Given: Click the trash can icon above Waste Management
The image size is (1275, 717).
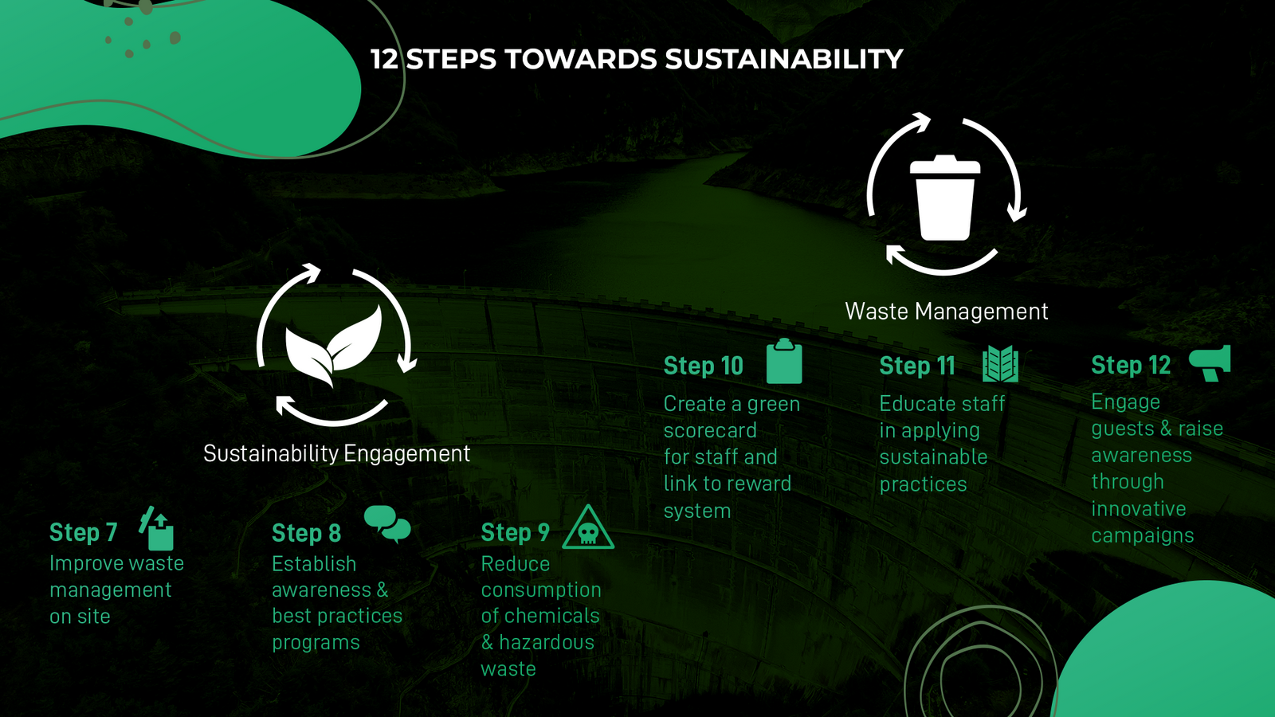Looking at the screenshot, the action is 945,198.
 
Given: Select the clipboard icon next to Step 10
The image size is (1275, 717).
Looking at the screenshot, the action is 784,362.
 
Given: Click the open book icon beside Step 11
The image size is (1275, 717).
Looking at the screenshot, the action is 1000,363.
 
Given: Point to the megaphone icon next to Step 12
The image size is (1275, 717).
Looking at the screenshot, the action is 1210,362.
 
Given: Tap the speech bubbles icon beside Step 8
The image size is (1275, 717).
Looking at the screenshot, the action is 387,523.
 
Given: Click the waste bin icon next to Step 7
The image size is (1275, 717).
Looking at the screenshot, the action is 156,528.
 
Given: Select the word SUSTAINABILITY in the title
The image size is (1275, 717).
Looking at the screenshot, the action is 784,59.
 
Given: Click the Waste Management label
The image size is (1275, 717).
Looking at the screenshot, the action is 947,311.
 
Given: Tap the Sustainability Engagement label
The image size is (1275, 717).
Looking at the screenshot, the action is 336,453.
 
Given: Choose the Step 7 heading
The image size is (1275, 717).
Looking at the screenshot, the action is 83,533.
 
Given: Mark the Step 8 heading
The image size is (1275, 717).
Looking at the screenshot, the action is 306,533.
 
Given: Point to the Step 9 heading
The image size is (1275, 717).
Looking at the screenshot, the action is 515,533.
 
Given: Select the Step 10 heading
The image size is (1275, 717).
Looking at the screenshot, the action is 704,366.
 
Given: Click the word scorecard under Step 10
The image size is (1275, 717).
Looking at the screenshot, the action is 710,431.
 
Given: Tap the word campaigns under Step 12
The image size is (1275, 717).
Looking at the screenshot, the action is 1143,536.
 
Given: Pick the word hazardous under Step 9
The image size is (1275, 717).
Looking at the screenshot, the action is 547,642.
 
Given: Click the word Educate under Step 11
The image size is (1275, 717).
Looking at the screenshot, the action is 916,404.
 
